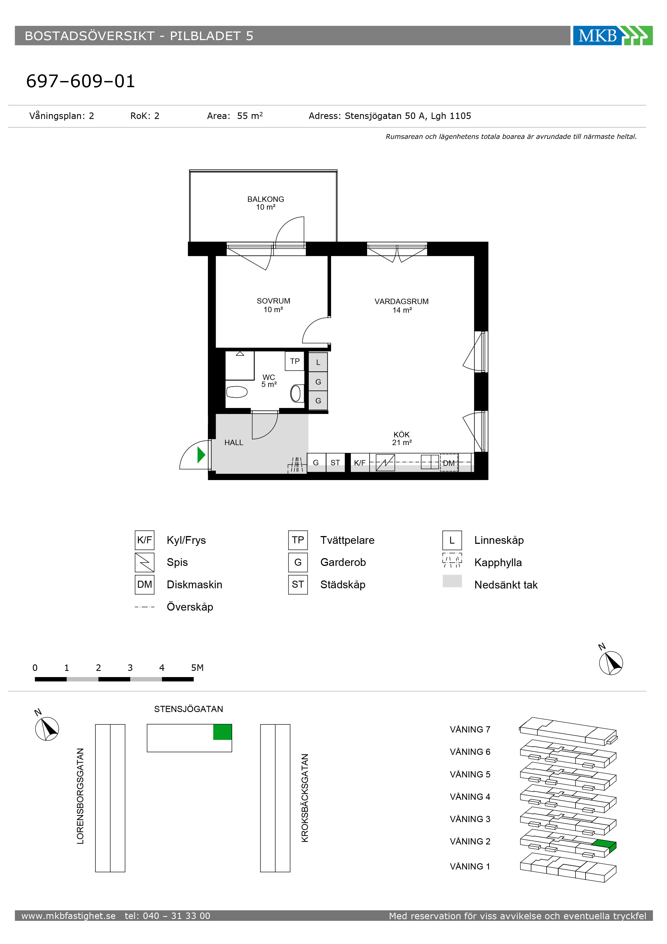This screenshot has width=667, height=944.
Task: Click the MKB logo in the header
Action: [613, 36]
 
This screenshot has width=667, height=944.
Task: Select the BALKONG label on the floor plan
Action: [265, 199]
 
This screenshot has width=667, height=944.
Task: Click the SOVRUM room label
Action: [273, 301]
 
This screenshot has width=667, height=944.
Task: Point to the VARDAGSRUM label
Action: [402, 301]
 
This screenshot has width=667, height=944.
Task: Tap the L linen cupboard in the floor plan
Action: [318, 362]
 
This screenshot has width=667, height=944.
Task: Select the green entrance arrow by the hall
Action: [201, 455]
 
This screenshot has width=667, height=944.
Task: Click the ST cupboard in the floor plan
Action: [335, 463]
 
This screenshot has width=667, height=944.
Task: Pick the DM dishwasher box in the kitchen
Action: [449, 463]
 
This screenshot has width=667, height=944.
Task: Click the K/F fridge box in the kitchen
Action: [360, 463]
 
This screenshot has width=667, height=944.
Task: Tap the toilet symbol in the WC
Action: [237, 392]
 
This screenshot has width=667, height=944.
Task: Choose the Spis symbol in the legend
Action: [145, 562]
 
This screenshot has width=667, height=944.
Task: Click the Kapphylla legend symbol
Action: [452, 560]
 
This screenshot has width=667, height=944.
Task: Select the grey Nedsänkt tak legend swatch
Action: [452, 581]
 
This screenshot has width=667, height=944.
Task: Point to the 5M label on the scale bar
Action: [197, 668]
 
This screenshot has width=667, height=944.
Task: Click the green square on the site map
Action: [222, 732]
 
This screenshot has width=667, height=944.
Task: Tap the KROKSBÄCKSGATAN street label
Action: [304, 798]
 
